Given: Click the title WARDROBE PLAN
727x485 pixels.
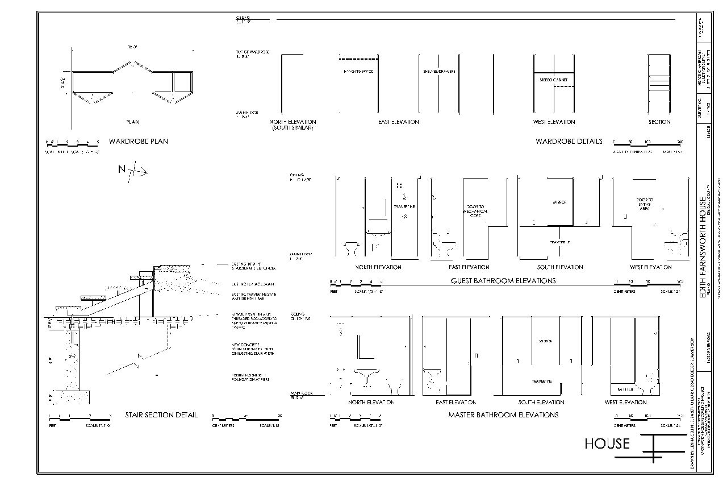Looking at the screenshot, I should [139, 141].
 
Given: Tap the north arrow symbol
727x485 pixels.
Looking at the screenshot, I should [133, 169].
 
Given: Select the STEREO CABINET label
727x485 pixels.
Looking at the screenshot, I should [553, 80].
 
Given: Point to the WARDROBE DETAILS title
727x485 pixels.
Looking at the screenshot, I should [569, 141].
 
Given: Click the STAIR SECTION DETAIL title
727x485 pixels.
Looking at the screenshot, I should [161, 414].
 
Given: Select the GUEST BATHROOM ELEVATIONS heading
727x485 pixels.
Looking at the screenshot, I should [503, 280].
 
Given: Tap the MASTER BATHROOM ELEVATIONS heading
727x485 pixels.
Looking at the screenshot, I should [503, 414].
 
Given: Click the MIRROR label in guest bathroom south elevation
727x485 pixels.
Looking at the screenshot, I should [559, 202].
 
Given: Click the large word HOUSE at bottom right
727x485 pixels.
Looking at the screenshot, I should [607, 443].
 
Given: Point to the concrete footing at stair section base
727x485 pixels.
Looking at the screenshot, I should [74, 397].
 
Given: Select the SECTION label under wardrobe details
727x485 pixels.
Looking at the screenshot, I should [659, 122].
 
